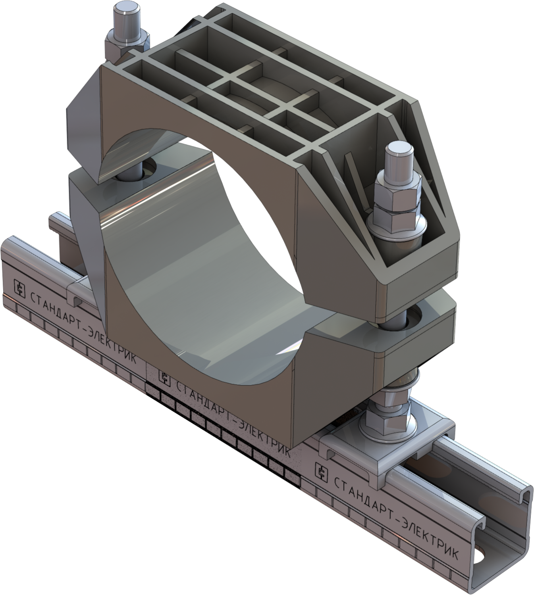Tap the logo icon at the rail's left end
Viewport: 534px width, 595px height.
tap(19, 287)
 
